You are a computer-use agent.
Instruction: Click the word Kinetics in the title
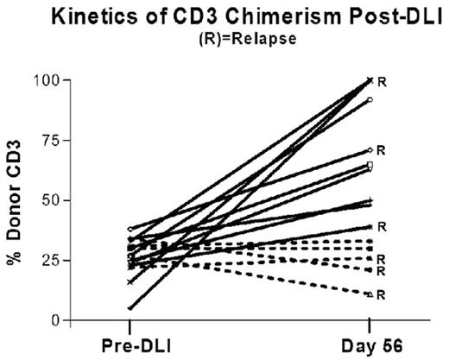coord(104,16)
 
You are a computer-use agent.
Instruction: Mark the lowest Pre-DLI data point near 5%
coord(130,308)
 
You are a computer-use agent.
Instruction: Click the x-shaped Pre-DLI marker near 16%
coord(130,281)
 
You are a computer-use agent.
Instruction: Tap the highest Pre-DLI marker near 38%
coord(130,229)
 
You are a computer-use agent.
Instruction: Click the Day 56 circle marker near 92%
coord(370,100)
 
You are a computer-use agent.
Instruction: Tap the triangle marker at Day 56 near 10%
coord(370,294)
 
